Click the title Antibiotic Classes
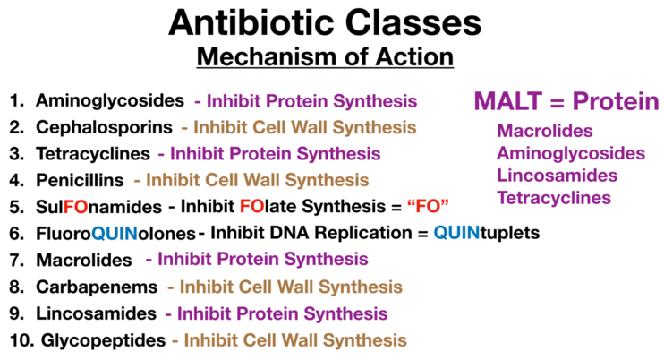tap(325, 22)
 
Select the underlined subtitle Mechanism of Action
tap(325, 56)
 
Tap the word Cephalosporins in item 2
tap(104, 127)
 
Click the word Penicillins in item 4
tap(80, 180)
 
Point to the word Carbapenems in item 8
tap(97, 287)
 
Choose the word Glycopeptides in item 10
tap(103, 340)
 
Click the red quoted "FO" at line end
tap(428, 206)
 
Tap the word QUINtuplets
tap(487, 233)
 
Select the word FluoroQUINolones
tap(115, 234)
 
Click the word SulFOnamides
tap(99, 207)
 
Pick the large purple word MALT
tap(508, 101)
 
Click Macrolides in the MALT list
tap(545, 131)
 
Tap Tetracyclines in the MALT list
tap(554, 198)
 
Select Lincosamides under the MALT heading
tap(558, 176)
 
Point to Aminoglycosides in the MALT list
tap(571, 153)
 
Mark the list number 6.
tap(16, 234)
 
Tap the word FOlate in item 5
tap(268, 206)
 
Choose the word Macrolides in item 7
tap(84, 260)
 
